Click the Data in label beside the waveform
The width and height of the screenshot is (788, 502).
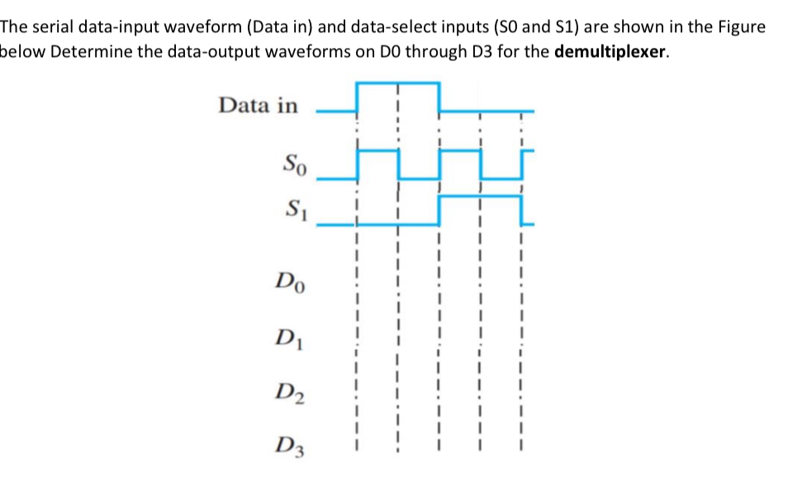[x=258, y=106]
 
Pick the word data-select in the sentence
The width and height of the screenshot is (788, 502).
[x=390, y=27]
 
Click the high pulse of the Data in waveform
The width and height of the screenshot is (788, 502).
[x=397, y=83]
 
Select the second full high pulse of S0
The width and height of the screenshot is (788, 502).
[x=459, y=150]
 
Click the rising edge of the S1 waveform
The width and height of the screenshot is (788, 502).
[x=439, y=210]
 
